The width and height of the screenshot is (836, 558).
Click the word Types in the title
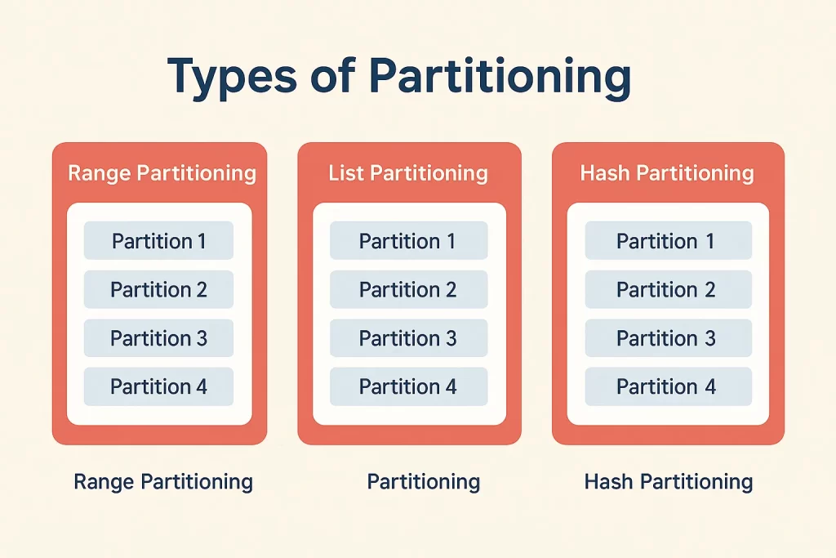pyautogui.click(x=232, y=76)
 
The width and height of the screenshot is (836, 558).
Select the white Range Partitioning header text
pyautogui.click(x=162, y=173)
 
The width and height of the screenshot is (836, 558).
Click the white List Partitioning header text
pyautogui.click(x=408, y=173)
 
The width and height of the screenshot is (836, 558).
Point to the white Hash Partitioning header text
pyautogui.click(x=667, y=173)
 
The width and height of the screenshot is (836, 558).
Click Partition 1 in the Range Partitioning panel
pyautogui.click(x=158, y=240)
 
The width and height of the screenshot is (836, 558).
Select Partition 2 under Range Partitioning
pyautogui.click(x=158, y=289)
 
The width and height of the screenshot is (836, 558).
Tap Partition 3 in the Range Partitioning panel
pyautogui.click(x=158, y=337)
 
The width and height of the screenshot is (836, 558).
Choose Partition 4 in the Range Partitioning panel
pyautogui.click(x=158, y=386)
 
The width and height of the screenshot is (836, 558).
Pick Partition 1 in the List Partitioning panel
pyautogui.click(x=408, y=240)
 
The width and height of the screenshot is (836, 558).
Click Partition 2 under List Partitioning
pyautogui.click(x=408, y=289)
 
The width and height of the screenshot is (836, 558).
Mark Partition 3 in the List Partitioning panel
pyautogui.click(x=408, y=337)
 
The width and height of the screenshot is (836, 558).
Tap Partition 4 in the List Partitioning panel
pyautogui.click(x=408, y=386)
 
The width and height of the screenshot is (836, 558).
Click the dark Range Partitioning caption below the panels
pyautogui.click(x=163, y=482)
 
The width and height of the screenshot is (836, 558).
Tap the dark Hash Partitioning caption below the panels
pyautogui.click(x=669, y=482)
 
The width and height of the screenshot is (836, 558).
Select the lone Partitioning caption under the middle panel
pyautogui.click(x=424, y=482)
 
